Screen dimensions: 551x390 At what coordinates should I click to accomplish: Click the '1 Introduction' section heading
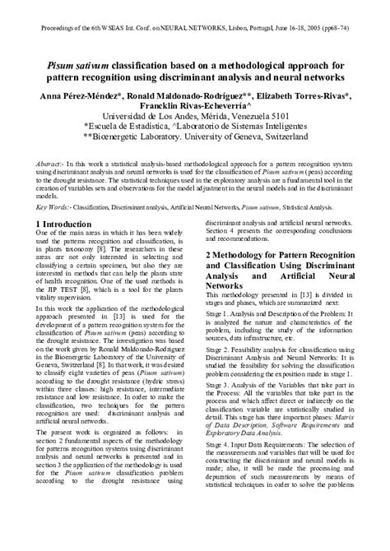pos(63,224)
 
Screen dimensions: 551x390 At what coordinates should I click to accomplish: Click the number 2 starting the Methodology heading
pos(208,256)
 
